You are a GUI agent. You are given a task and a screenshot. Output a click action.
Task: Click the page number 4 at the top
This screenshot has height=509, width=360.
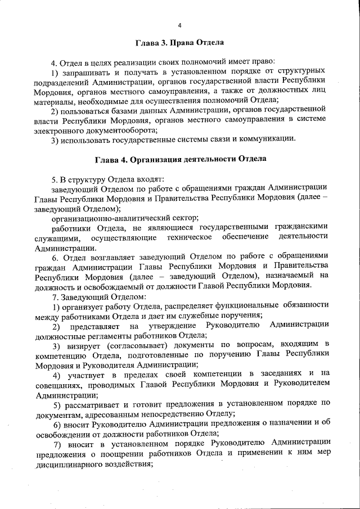(x=179, y=25)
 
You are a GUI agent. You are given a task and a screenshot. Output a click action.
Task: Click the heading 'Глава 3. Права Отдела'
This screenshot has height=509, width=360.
(x=179, y=42)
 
